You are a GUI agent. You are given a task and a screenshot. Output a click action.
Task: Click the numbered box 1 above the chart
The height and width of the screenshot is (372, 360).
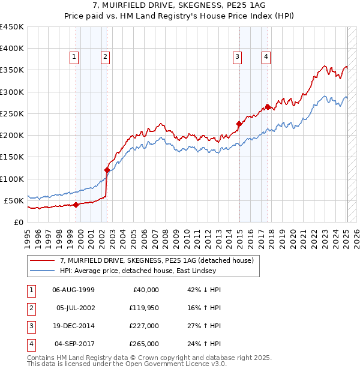74,57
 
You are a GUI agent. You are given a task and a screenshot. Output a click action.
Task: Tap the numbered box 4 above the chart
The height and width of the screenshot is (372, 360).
265,57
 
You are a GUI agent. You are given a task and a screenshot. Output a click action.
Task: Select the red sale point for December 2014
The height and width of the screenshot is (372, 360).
239,124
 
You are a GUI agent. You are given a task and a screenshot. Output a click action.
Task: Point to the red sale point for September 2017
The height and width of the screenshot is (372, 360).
268,107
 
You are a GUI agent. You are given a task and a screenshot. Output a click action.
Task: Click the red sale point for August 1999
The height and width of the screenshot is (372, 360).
76,205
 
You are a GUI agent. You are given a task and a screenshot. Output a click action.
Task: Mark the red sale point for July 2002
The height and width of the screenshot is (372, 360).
107,170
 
